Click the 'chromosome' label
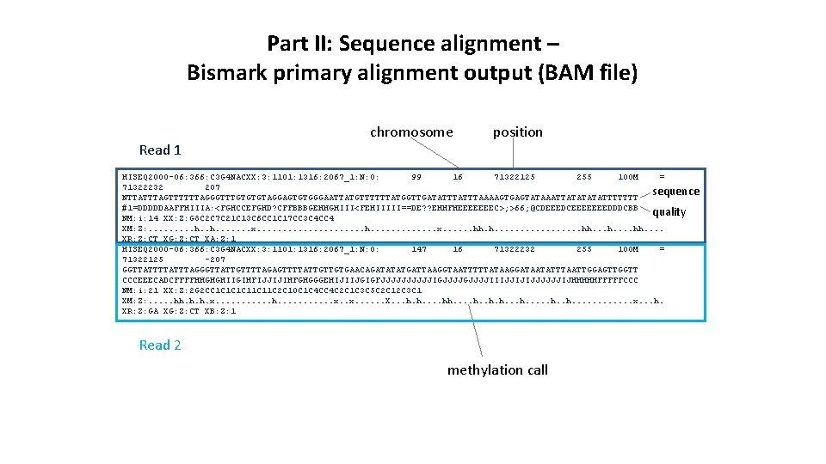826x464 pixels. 410,131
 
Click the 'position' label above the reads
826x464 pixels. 517,131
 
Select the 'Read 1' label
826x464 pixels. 160,150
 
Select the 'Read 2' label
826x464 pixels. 160,345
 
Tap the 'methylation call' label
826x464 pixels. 497,369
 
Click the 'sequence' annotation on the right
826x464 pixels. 675,191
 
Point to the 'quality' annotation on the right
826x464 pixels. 669,211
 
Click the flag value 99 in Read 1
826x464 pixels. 416,177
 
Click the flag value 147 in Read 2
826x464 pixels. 419,249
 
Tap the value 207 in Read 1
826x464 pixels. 213,187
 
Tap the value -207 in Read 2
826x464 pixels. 214,259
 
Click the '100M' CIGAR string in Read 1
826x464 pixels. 628,177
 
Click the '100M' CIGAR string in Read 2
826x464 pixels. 628,249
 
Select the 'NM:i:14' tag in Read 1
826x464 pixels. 141,218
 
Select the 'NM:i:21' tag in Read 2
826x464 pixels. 141,290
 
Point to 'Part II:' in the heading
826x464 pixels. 298,42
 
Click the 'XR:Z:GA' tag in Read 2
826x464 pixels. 141,311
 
